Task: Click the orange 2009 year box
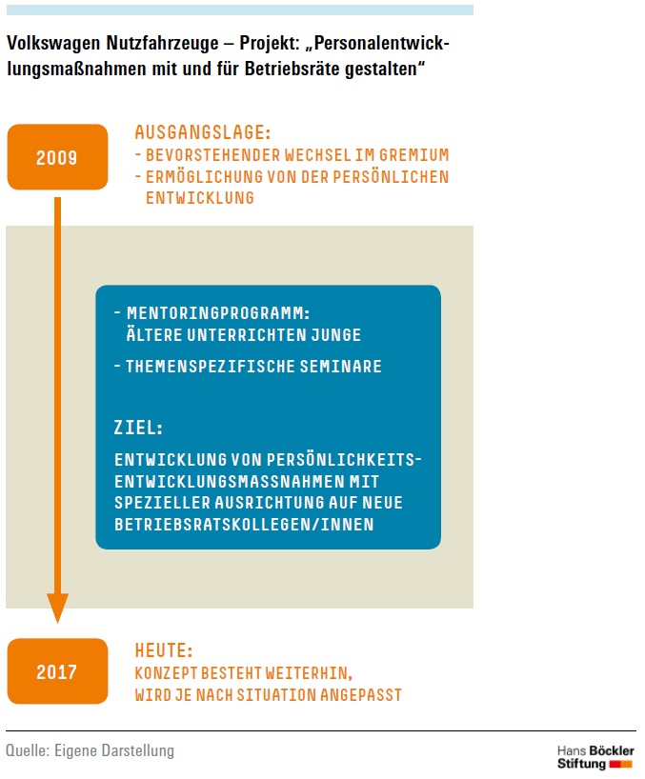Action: pos(58,157)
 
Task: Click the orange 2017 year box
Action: pos(58,671)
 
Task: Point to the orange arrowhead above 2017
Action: pos(58,608)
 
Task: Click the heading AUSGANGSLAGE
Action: pos(203,132)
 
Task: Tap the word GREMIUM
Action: pos(413,155)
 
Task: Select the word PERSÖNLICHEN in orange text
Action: pos(391,177)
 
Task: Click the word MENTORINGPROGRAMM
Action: pos(218,313)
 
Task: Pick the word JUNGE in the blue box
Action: pos(336,335)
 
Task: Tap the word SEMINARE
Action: pos(340,367)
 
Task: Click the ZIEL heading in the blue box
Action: pos(138,428)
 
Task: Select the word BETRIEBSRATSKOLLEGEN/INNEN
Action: pos(244,525)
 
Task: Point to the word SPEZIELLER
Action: pos(163,503)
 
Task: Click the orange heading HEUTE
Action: pos(164,650)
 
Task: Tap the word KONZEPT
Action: pos(166,673)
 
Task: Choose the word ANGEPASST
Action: pos(361,695)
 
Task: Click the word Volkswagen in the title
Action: pos(53,44)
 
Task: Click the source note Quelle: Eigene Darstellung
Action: pos(90,750)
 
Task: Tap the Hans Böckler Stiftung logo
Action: pos(595,758)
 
